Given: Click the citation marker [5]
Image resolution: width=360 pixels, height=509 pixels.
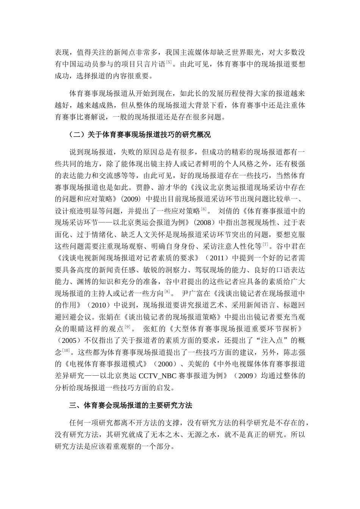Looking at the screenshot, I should [x=169, y=62].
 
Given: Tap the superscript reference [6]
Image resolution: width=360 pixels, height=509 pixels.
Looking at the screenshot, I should [x=203, y=209].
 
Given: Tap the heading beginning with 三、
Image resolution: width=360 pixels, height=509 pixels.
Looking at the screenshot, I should [x=131, y=406].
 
